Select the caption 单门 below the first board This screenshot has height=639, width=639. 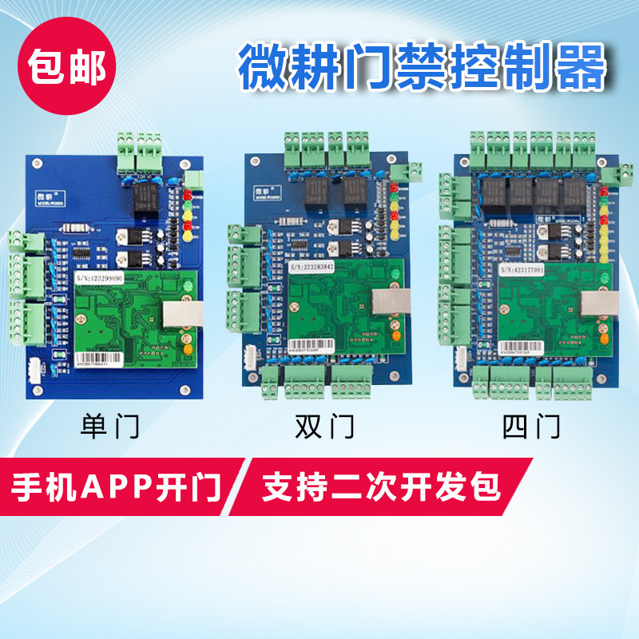point(110,426)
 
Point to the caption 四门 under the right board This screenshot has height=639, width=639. point(531,426)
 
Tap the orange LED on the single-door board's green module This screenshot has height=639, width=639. point(186,348)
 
